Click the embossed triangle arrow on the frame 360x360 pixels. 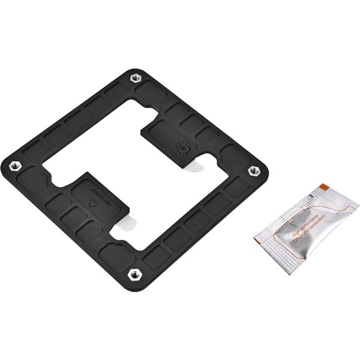click(92, 203)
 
